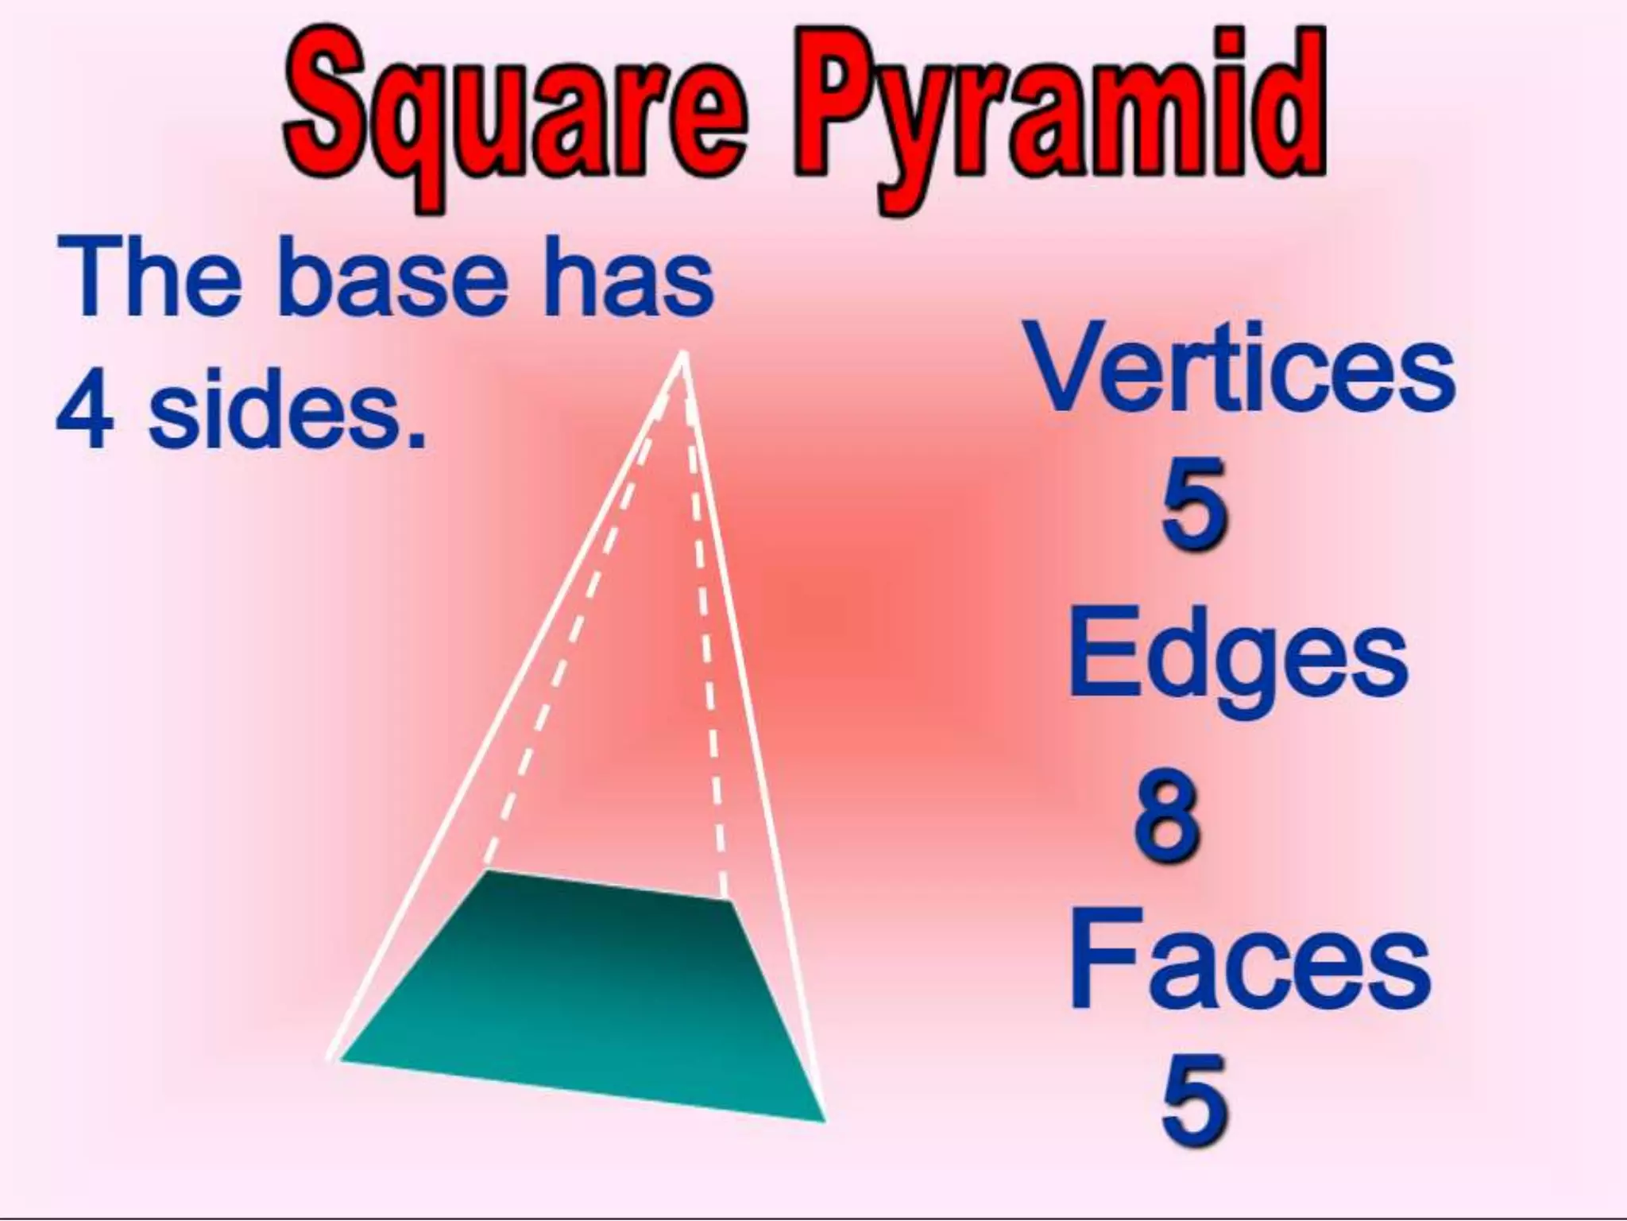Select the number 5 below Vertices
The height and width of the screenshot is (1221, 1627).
click(x=1194, y=506)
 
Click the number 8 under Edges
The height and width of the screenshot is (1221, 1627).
click(x=1168, y=819)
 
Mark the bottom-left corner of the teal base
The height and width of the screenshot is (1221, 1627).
click(x=340, y=1060)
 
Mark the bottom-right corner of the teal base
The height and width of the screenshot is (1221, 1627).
click(x=825, y=1121)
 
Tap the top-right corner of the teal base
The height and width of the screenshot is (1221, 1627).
click(x=728, y=900)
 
